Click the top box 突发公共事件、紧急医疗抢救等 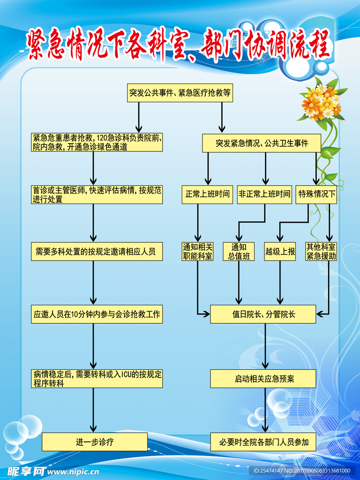(x=180, y=93)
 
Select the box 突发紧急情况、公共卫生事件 (x=262, y=143)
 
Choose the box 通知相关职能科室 (x=197, y=251)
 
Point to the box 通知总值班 (x=239, y=251)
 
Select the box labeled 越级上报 (x=280, y=252)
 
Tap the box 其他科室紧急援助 (x=321, y=251)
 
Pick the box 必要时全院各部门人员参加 (x=263, y=442)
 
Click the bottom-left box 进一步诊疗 (x=95, y=442)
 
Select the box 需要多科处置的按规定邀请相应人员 (x=97, y=252)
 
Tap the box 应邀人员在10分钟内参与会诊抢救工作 (x=97, y=315)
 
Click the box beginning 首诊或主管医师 (x=97, y=194)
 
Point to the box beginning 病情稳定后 (x=97, y=379)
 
